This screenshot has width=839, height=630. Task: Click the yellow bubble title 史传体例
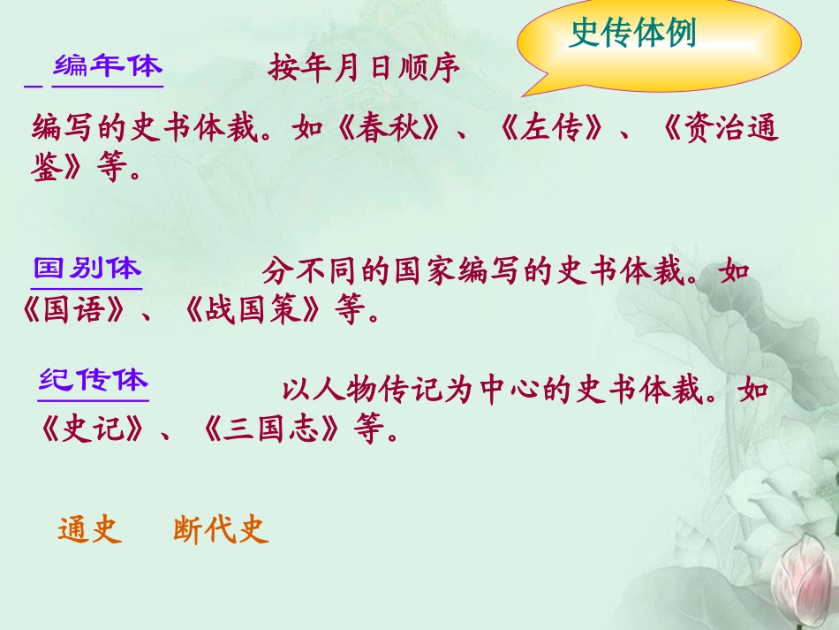[x=632, y=34]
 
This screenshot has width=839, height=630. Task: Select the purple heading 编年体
[x=108, y=65]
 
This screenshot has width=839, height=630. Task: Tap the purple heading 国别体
[x=87, y=268]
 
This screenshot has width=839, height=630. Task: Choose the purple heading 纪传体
[x=94, y=381]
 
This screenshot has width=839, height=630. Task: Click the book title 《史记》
[x=92, y=432]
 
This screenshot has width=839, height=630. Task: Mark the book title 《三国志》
[x=270, y=432]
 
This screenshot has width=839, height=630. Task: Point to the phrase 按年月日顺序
[x=365, y=70]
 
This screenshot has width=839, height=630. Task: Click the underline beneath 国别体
[x=87, y=288]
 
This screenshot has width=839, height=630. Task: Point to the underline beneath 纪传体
[x=94, y=401]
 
